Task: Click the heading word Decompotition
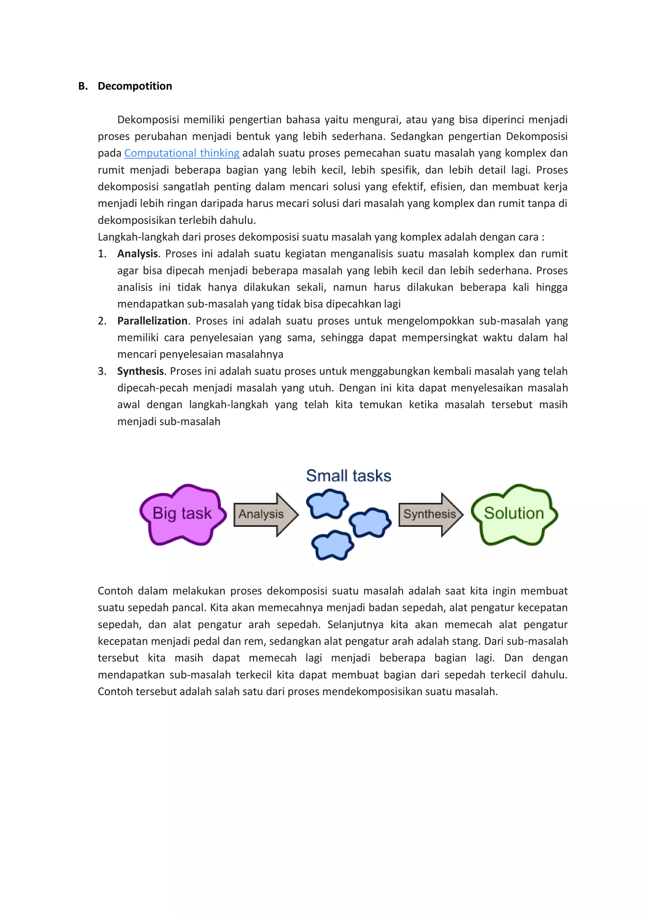(135, 86)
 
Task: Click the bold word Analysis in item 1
(137, 254)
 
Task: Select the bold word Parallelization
(152, 321)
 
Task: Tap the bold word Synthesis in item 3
(140, 371)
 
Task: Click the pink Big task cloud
(182, 514)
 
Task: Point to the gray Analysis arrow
(265, 514)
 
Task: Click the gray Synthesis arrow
(430, 514)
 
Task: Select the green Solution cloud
(514, 514)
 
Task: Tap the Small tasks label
(348, 476)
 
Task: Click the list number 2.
(102, 321)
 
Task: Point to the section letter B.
(82, 86)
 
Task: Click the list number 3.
(102, 371)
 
